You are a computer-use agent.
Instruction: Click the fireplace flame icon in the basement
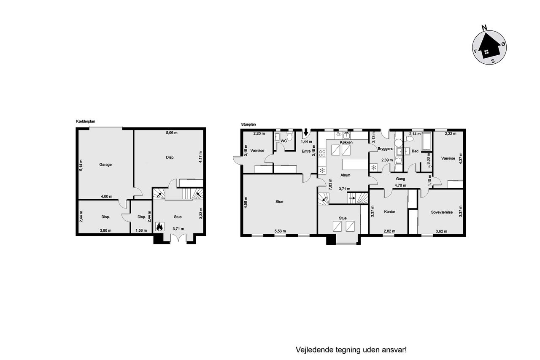click(159, 226)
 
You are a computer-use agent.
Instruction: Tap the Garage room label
click(105, 165)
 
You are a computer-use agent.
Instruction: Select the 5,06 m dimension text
click(172, 133)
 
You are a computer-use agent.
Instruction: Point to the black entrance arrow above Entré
click(306, 133)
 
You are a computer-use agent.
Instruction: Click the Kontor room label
click(389, 212)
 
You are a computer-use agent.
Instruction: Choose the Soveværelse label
click(442, 212)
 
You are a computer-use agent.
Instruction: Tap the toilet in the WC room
click(289, 137)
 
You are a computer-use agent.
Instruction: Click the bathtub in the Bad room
click(426, 142)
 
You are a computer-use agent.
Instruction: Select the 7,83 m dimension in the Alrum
click(330, 185)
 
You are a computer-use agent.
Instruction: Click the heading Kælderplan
click(86, 122)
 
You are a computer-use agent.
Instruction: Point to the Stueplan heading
click(248, 125)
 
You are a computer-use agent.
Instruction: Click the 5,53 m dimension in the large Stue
click(280, 231)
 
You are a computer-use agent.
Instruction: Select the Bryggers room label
click(385, 149)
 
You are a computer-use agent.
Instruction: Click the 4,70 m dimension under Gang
click(400, 185)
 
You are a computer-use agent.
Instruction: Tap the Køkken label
click(346, 142)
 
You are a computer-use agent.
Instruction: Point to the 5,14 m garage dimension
click(81, 165)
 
